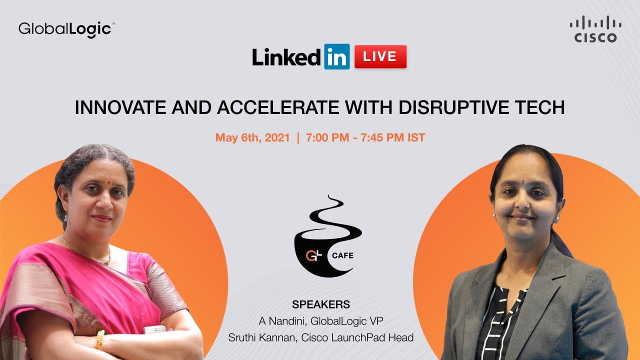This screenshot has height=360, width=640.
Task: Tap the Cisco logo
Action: [x=595, y=29]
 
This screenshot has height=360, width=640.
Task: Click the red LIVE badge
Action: [x=380, y=56]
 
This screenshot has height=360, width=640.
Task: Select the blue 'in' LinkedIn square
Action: [x=336, y=56]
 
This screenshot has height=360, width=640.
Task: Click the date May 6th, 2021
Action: [x=252, y=137]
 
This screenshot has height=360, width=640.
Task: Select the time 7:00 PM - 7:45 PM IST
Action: [x=365, y=137]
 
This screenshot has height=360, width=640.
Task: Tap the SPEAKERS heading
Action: [x=320, y=304]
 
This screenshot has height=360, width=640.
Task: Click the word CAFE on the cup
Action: [x=342, y=255]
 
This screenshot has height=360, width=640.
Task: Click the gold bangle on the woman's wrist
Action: [x=100, y=339]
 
